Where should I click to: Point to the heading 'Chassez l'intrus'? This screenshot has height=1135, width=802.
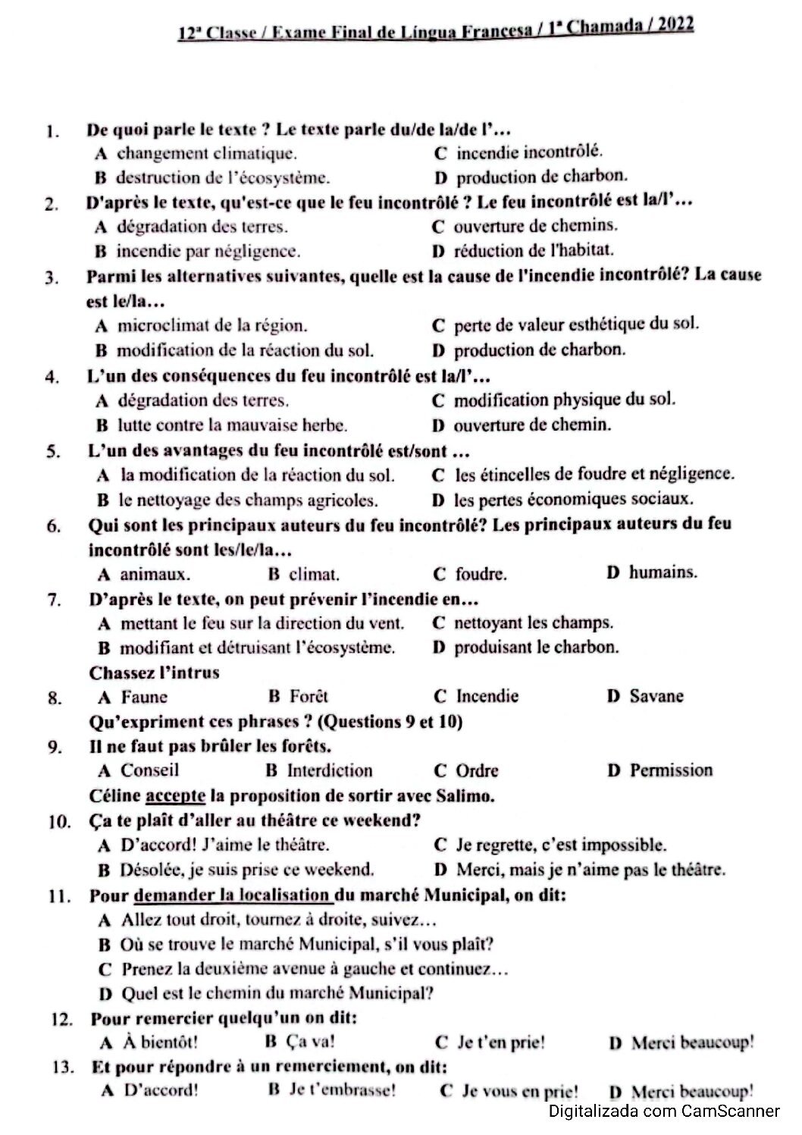(x=154, y=673)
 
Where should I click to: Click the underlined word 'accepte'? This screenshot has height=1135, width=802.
(x=175, y=796)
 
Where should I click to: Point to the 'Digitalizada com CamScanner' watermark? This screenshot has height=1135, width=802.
(x=664, y=1112)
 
